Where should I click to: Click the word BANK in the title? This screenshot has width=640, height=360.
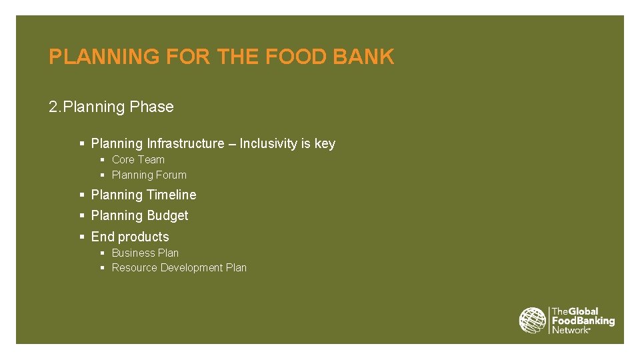coord(363,57)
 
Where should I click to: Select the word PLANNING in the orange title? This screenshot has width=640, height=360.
coord(104,57)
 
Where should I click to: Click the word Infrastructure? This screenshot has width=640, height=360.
coord(185,144)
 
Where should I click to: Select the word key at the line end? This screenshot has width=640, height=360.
coord(325,144)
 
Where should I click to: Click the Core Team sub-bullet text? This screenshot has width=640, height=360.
coord(138,160)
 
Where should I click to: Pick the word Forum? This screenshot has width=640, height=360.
coord(171,175)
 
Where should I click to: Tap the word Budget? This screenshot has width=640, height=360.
coord(168,216)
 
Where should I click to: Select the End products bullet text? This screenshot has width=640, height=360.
coord(130,237)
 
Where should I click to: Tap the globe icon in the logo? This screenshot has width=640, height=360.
coord(533,321)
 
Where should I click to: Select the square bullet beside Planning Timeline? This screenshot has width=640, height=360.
coord(82,195)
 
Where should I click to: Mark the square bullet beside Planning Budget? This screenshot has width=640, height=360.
coord(82,216)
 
